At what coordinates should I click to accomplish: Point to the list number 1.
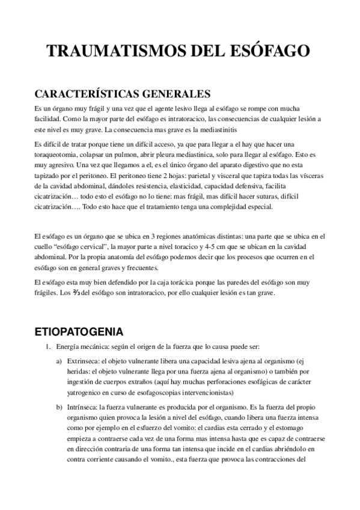click(48, 348)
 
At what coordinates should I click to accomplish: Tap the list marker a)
click(59, 361)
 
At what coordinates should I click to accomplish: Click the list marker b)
click(59, 407)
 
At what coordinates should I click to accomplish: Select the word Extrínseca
click(84, 361)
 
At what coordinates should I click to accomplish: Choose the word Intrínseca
click(84, 407)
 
